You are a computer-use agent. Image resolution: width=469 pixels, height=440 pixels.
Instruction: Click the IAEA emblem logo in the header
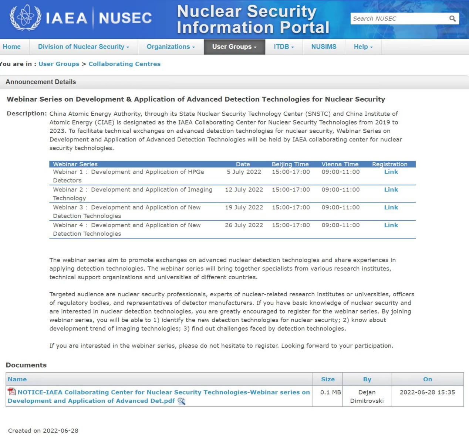click(25, 17)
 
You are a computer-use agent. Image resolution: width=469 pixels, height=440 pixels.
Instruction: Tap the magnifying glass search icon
click(452, 18)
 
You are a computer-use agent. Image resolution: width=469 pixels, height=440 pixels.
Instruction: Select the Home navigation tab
click(12, 47)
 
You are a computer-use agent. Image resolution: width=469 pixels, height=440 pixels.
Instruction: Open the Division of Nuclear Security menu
click(84, 47)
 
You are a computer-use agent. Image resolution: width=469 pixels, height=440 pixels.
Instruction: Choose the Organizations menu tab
click(171, 47)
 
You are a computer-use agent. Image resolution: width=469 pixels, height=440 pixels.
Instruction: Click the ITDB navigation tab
click(284, 47)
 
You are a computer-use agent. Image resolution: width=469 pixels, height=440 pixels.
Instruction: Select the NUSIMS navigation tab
click(324, 47)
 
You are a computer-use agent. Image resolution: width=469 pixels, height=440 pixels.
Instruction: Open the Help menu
click(363, 47)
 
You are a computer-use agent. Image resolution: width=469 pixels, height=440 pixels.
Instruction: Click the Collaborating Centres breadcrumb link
click(124, 64)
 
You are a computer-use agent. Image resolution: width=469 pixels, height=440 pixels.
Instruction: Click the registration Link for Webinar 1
click(391, 172)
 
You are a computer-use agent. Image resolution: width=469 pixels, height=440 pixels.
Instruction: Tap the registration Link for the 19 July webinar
click(391, 207)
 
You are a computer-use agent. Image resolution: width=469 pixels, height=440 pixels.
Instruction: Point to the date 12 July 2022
click(244, 190)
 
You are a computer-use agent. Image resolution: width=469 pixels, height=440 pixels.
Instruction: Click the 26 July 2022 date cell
click(244, 225)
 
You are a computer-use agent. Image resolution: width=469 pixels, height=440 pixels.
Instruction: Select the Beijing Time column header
click(290, 164)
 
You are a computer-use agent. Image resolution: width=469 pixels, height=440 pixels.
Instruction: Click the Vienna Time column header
click(340, 164)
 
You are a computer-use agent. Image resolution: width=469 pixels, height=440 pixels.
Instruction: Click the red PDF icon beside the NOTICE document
click(12, 392)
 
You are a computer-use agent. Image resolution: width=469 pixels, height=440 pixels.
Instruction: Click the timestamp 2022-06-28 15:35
click(427, 392)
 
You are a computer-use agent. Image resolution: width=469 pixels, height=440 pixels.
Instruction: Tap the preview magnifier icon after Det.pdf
click(181, 401)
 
